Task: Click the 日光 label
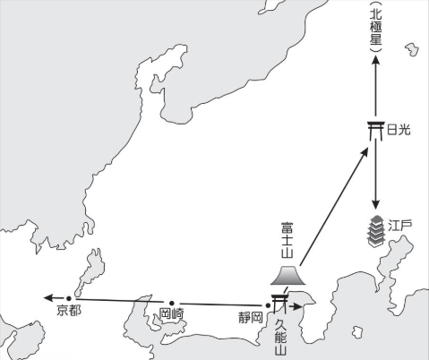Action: [x=399, y=130]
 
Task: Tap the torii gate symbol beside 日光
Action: [x=375, y=131]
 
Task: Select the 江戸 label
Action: [x=400, y=226]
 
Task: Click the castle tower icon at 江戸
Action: [x=375, y=232]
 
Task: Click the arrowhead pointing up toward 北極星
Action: [x=375, y=60]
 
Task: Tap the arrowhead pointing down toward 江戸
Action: [x=375, y=204]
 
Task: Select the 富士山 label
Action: [x=287, y=240]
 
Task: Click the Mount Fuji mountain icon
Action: [x=288, y=275]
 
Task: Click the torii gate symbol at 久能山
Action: [x=279, y=304]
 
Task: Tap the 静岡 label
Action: [x=251, y=317]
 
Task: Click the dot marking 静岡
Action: [x=268, y=305]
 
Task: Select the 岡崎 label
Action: [x=171, y=313]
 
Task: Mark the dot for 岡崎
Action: [x=172, y=304]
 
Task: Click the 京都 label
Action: [x=69, y=311]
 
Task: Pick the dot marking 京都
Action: [x=69, y=298]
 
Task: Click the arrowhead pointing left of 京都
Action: [x=48, y=297]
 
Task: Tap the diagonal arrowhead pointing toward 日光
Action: [x=365, y=153]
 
